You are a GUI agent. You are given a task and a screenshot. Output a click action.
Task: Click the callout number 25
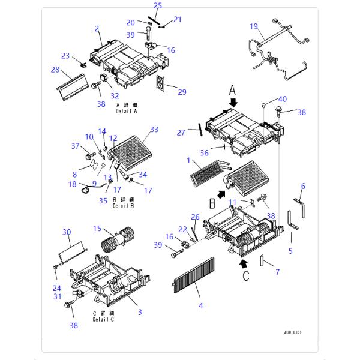[158, 6]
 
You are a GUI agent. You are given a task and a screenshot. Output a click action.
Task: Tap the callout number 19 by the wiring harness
[254, 26]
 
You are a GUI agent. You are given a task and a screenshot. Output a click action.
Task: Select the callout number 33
[154, 129]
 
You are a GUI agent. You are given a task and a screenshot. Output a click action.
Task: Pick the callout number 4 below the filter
[200, 305]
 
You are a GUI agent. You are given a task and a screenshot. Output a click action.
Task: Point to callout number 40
[283, 99]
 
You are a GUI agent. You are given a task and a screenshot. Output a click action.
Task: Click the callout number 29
[182, 92]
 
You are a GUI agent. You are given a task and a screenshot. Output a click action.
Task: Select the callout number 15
[97, 229]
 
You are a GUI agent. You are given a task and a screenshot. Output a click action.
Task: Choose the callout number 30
[67, 232]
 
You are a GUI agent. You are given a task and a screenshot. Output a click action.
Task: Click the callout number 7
[277, 272]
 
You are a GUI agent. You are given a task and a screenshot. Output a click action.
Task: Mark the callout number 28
[55, 70]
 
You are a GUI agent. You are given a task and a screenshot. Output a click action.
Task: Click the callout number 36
[205, 153]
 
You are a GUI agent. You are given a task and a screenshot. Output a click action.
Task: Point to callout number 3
[140, 311]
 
